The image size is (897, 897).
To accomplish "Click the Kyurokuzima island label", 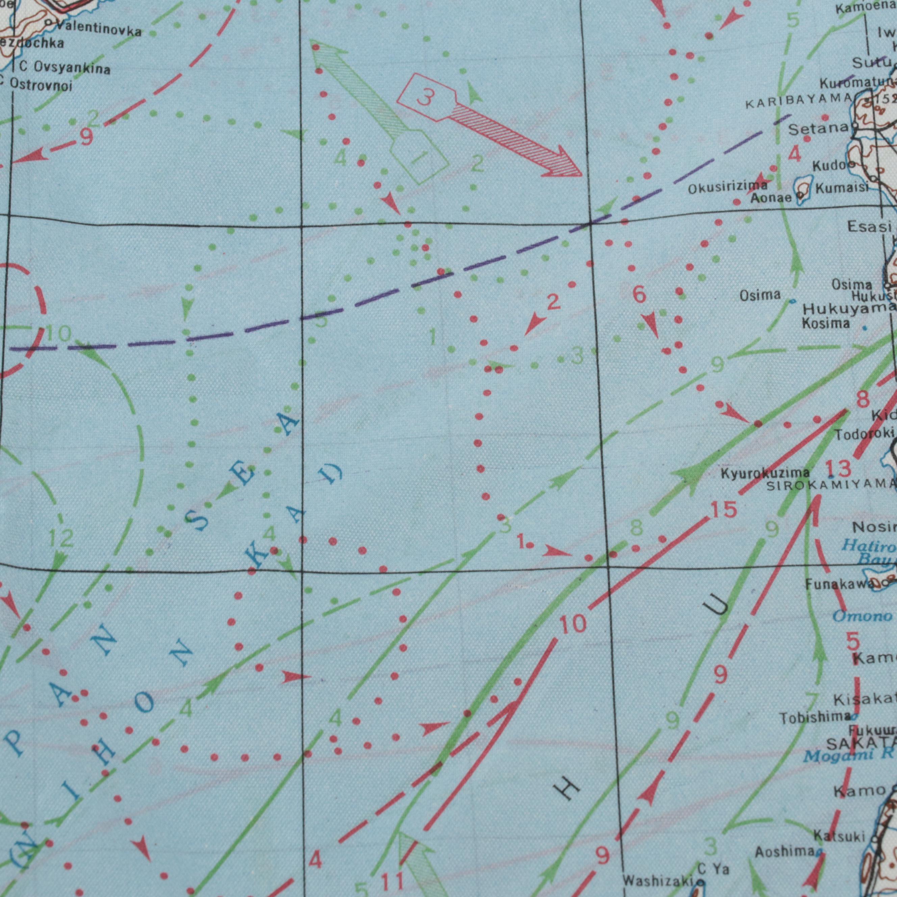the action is [x=765, y=473].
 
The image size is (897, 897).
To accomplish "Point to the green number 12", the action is [x=61, y=539].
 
